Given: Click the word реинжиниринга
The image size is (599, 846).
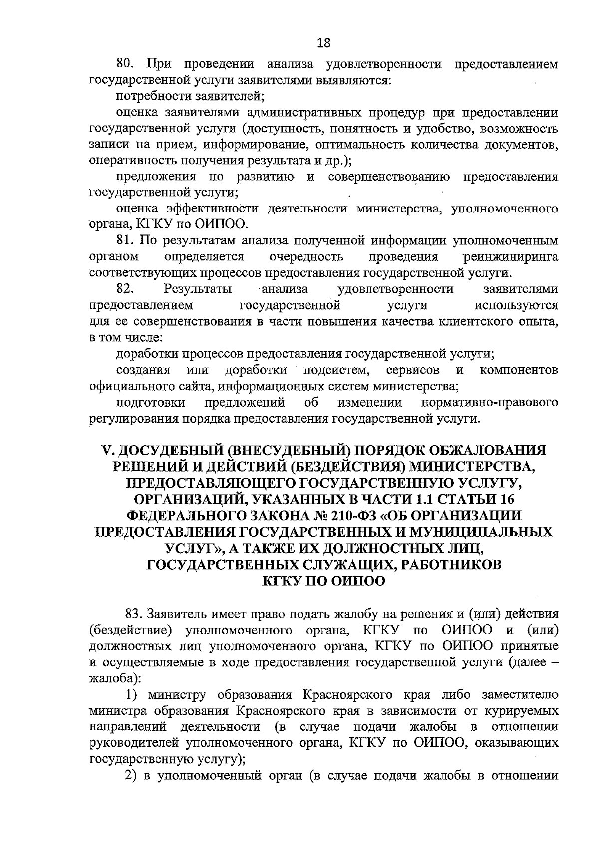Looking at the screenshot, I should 510,257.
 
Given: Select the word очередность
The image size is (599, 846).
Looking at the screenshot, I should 306,257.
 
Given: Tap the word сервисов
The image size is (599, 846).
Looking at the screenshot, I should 413,370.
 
